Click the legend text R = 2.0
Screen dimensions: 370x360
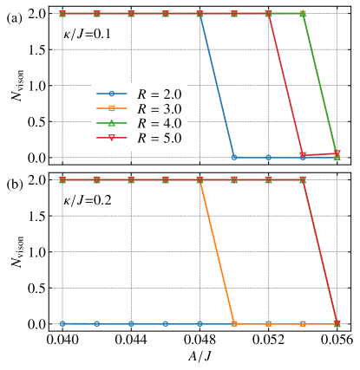[x=159, y=94]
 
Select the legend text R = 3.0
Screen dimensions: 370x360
[x=159, y=109]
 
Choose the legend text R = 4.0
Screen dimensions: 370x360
[x=159, y=124]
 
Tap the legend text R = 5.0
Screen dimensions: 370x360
[x=159, y=139]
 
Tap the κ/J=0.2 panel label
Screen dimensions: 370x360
[x=87, y=200]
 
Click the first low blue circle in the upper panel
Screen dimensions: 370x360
[x=234, y=157]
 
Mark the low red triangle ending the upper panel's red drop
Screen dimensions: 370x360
[x=303, y=155]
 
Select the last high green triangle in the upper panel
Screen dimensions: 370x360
[x=303, y=14]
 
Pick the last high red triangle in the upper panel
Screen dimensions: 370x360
[x=269, y=14]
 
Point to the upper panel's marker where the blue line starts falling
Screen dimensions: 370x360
[x=200, y=14]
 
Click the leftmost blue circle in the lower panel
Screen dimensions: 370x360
[x=62, y=323]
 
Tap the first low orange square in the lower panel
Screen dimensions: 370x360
[x=234, y=323]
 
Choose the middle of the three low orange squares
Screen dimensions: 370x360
[x=269, y=323]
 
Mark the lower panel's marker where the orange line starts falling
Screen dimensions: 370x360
[x=200, y=180]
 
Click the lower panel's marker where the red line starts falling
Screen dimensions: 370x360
[x=303, y=180]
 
